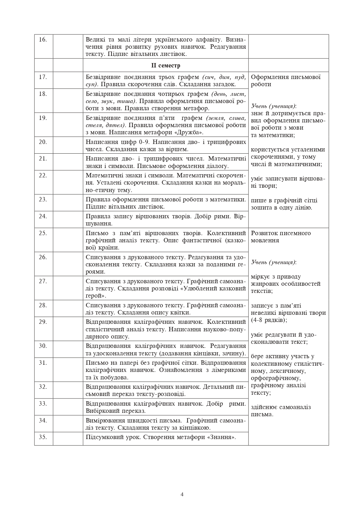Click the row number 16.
coord(43,39)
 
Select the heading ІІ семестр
coord(166,66)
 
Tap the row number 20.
coord(43,142)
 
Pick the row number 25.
coord(43,233)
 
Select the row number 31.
coord(43,363)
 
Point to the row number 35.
coord(43,437)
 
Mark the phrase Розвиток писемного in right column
coord(281,233)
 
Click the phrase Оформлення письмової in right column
coord(286,77)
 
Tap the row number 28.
coord(43,305)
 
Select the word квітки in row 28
coord(180,313)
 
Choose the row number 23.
coord(43,199)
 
